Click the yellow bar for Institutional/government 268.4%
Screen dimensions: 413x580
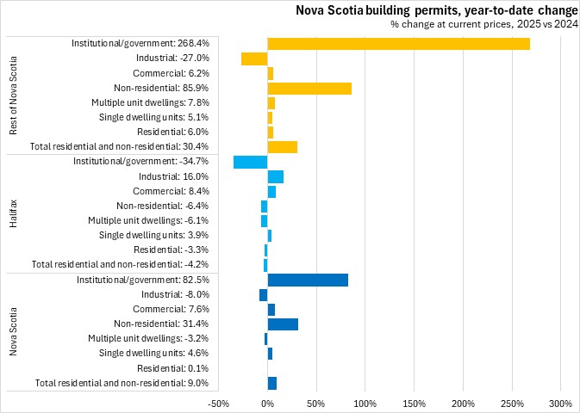click(x=398, y=43)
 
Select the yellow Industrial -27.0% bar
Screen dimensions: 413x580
click(x=254, y=59)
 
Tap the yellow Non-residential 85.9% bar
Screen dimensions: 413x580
click(x=309, y=88)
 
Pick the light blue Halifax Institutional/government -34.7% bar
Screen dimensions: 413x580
click(x=251, y=162)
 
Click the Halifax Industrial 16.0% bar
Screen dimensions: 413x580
click(x=276, y=176)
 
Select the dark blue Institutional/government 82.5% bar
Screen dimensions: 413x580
click(x=308, y=280)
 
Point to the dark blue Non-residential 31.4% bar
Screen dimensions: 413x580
click(x=283, y=324)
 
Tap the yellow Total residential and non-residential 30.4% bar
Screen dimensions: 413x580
click(x=283, y=147)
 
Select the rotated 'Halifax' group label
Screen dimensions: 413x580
click(x=14, y=213)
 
